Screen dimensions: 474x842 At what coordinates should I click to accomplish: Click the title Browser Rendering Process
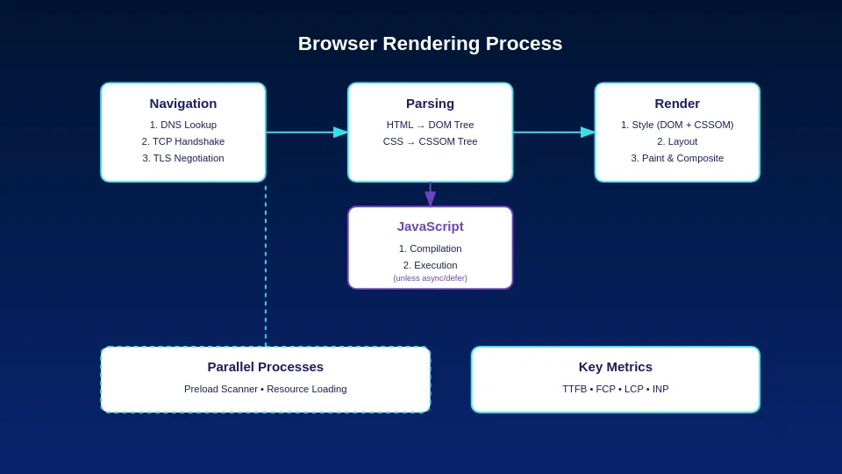[x=430, y=44]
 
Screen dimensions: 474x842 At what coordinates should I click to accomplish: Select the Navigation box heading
[x=182, y=104]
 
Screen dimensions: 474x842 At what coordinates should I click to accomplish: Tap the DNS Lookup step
[x=182, y=125]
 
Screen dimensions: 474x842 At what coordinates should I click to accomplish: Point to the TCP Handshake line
[x=182, y=141]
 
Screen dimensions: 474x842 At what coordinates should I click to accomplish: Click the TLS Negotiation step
[x=182, y=158]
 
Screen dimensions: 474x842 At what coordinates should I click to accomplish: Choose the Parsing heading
[x=430, y=104]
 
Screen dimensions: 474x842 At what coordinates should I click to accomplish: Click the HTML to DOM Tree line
[x=430, y=125]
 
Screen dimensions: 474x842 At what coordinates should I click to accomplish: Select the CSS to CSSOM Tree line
[x=430, y=141]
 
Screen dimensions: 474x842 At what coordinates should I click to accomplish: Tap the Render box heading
[x=677, y=104]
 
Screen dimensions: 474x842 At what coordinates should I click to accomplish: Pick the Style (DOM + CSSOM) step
[x=677, y=125]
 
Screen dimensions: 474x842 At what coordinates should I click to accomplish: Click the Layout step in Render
[x=677, y=141]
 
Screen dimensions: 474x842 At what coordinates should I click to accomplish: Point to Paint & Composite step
[x=677, y=158]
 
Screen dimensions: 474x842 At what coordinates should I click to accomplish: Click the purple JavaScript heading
[x=430, y=226]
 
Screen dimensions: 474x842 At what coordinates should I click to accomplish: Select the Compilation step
[x=430, y=248]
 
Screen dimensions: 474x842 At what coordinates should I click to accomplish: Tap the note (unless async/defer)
[x=430, y=278]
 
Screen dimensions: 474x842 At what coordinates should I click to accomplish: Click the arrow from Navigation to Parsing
[x=307, y=133]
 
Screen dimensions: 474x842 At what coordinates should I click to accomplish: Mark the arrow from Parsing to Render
[x=554, y=133]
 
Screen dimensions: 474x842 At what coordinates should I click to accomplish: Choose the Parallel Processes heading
[x=265, y=367]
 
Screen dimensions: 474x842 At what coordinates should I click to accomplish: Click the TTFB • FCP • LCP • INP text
[x=615, y=389]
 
